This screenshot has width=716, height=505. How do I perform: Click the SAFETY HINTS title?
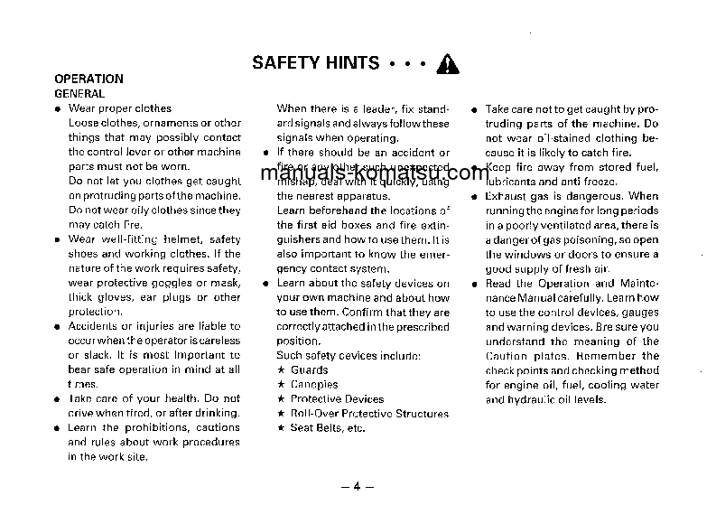click(x=315, y=62)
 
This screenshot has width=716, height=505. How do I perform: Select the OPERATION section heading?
click(x=88, y=79)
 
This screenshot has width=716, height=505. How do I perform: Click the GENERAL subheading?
click(x=79, y=93)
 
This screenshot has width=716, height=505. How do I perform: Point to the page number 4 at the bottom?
click(x=357, y=487)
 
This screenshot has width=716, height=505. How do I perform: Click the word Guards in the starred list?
click(x=310, y=370)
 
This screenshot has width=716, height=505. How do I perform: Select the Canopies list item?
click(x=314, y=385)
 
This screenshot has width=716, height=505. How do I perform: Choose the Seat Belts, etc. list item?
click(x=328, y=428)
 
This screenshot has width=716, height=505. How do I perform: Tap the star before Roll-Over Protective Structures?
click(x=281, y=414)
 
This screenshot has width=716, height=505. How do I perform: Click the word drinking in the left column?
click(x=218, y=413)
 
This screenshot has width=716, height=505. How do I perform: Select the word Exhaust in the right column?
click(x=505, y=195)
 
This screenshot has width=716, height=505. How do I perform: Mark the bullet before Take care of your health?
click(x=57, y=398)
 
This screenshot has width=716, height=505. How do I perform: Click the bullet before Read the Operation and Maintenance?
click(x=473, y=284)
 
